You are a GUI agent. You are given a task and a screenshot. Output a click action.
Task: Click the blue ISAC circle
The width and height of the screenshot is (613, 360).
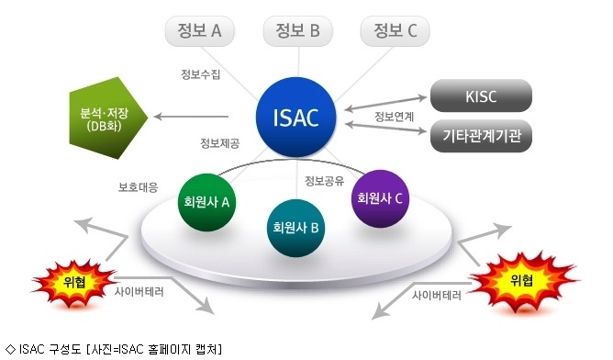(295, 117)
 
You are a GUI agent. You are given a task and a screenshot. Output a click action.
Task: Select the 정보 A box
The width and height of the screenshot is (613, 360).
(200, 31)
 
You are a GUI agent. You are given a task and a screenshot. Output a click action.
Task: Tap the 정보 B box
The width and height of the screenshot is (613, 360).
(298, 31)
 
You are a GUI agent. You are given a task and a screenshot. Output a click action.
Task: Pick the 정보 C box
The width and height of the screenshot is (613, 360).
(395, 31)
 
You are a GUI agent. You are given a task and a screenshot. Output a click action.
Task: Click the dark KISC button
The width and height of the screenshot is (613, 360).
(481, 96)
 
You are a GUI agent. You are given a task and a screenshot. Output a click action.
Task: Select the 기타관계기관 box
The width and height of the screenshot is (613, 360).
(481, 136)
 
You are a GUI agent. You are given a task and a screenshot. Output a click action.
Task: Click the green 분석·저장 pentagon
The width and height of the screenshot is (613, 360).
(108, 118)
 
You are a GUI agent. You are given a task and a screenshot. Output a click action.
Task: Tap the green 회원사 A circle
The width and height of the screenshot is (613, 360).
(206, 202)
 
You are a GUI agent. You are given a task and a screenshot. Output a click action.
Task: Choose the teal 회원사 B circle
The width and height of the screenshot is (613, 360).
(295, 228)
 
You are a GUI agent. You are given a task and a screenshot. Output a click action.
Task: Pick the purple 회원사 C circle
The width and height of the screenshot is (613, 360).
(380, 198)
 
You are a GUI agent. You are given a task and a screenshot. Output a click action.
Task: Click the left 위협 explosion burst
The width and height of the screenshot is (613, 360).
(74, 282)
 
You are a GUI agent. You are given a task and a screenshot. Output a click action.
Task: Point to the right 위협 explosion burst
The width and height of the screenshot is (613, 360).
(523, 281)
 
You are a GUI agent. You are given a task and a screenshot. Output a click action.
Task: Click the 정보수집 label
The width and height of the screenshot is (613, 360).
(201, 74)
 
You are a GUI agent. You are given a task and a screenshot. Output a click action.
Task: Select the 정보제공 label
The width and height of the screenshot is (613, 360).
(219, 143)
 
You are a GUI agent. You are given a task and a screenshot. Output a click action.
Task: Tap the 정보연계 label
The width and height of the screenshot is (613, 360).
(394, 117)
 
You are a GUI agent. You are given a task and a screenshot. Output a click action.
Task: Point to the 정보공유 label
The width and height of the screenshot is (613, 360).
(325, 180)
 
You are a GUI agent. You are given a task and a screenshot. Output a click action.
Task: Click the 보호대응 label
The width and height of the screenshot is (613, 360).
(139, 187)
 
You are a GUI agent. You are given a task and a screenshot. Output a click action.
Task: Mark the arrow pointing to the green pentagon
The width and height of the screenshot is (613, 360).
(191, 117)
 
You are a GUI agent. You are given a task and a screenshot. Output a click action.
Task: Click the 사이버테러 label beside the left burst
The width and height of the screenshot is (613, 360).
(139, 291)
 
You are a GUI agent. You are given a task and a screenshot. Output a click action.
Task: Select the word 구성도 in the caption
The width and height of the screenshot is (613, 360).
(65, 349)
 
